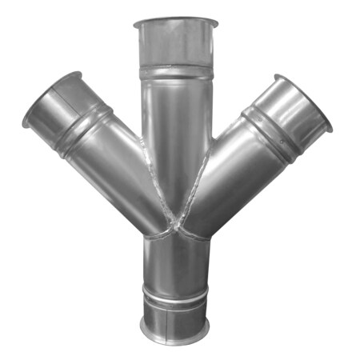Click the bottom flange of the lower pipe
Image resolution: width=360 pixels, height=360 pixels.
click(x=176, y=330)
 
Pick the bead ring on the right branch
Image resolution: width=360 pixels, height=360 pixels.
click(x=269, y=126)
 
